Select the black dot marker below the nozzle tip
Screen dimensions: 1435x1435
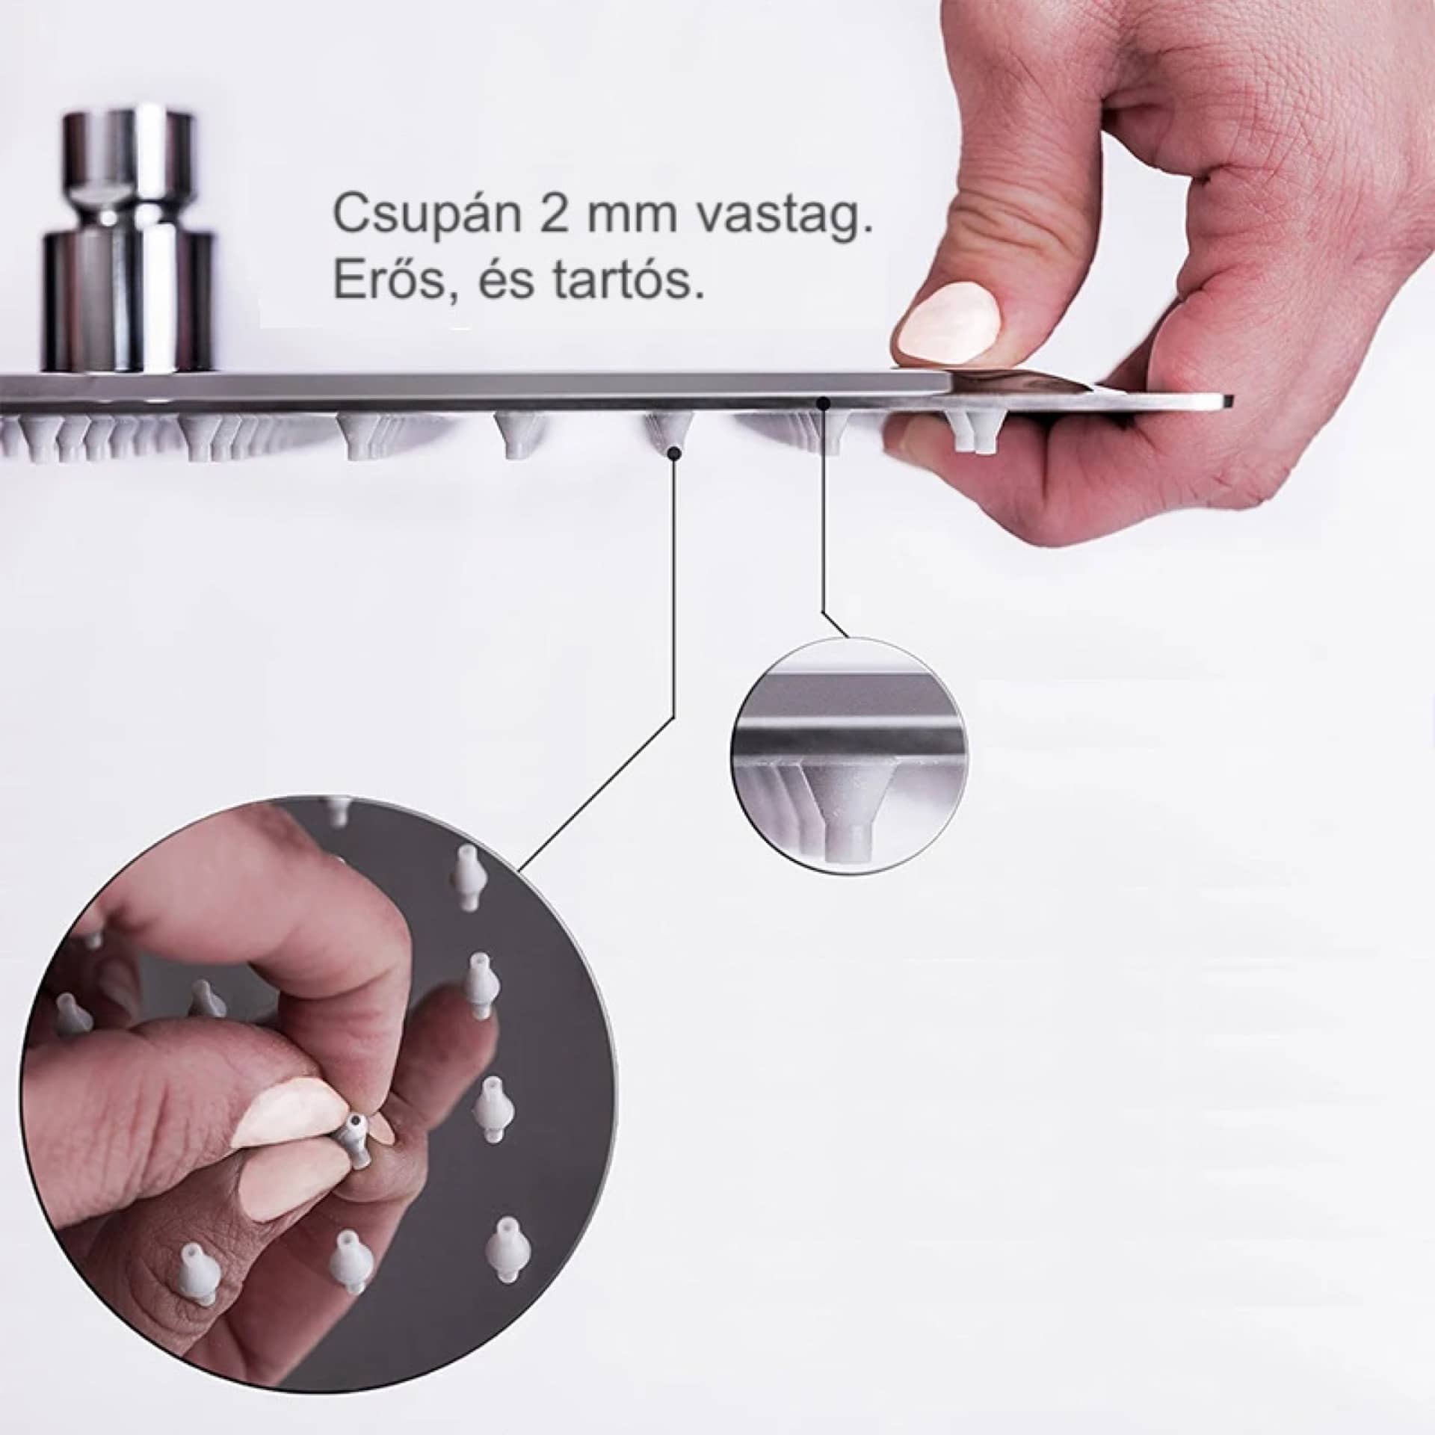point(675,452)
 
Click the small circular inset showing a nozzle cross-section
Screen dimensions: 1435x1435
point(845,753)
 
